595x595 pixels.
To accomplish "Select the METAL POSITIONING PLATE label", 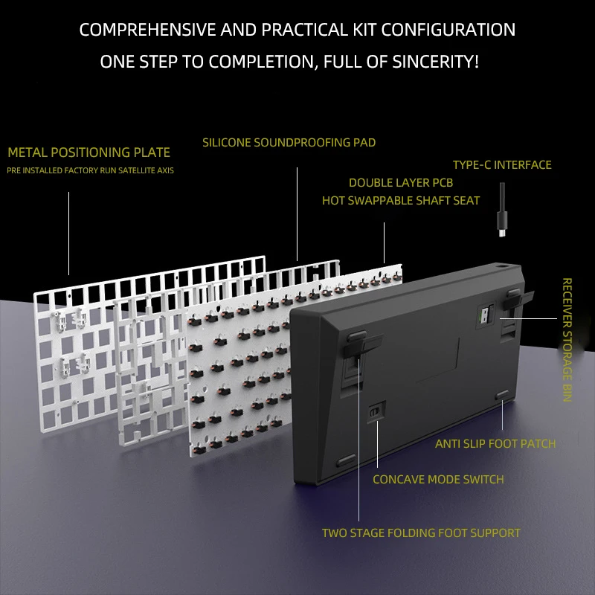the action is tap(89, 153).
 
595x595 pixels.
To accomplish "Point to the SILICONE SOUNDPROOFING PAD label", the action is tap(289, 142).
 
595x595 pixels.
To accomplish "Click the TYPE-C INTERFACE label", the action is tap(502, 164).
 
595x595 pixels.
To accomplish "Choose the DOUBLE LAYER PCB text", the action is tap(401, 183).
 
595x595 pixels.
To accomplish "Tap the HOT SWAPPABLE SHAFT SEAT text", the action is tap(401, 201).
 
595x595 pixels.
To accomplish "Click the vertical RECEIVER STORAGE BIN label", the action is tap(567, 340).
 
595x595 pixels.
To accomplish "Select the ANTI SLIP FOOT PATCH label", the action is tap(495, 444).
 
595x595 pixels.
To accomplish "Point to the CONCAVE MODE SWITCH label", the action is tap(438, 480).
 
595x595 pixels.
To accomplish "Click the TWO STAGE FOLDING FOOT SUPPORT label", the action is tap(421, 533).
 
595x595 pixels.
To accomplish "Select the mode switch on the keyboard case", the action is tap(376, 411).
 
